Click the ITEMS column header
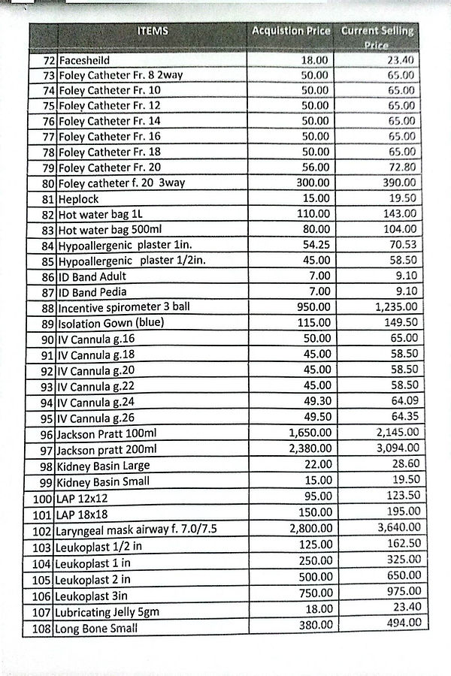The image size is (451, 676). click(153, 31)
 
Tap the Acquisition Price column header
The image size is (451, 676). click(291, 32)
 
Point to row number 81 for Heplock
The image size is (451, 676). click(49, 199)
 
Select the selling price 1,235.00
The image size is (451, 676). click(395, 307)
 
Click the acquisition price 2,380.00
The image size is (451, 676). click(309, 449)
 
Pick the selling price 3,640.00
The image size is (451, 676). click(397, 528)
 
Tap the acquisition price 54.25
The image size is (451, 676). click(314, 246)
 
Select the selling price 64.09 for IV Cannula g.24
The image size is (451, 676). click(399, 401)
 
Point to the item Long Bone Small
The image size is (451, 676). click(96, 629)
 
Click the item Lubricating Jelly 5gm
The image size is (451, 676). click(108, 612)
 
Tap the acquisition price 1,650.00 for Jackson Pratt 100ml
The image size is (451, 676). click(309, 433)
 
